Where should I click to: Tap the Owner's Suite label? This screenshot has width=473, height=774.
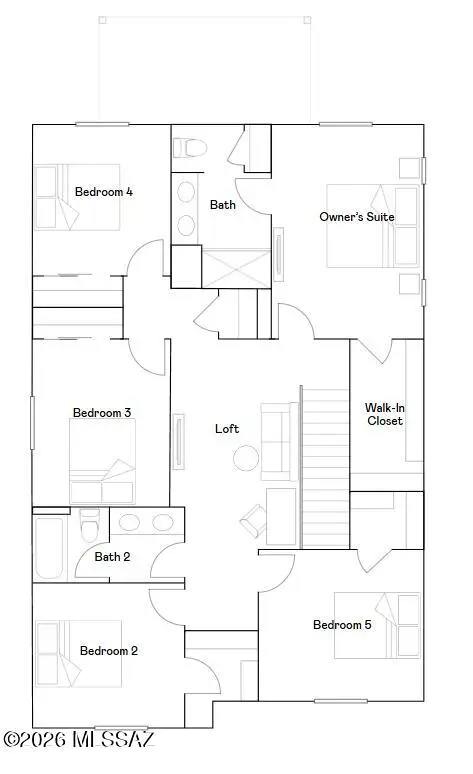(356, 216)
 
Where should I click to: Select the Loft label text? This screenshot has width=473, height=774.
(227, 428)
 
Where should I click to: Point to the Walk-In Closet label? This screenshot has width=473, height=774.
(384, 414)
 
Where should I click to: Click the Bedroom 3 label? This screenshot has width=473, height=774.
(102, 412)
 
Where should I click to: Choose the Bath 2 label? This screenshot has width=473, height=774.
(112, 557)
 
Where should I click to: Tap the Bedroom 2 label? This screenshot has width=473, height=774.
(108, 650)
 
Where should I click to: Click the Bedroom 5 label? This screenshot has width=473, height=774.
(342, 625)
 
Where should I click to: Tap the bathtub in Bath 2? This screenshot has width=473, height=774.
(50, 546)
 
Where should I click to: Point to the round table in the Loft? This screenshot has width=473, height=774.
(246, 458)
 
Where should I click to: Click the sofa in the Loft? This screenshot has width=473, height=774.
(276, 424)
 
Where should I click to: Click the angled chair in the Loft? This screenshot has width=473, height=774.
(252, 518)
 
